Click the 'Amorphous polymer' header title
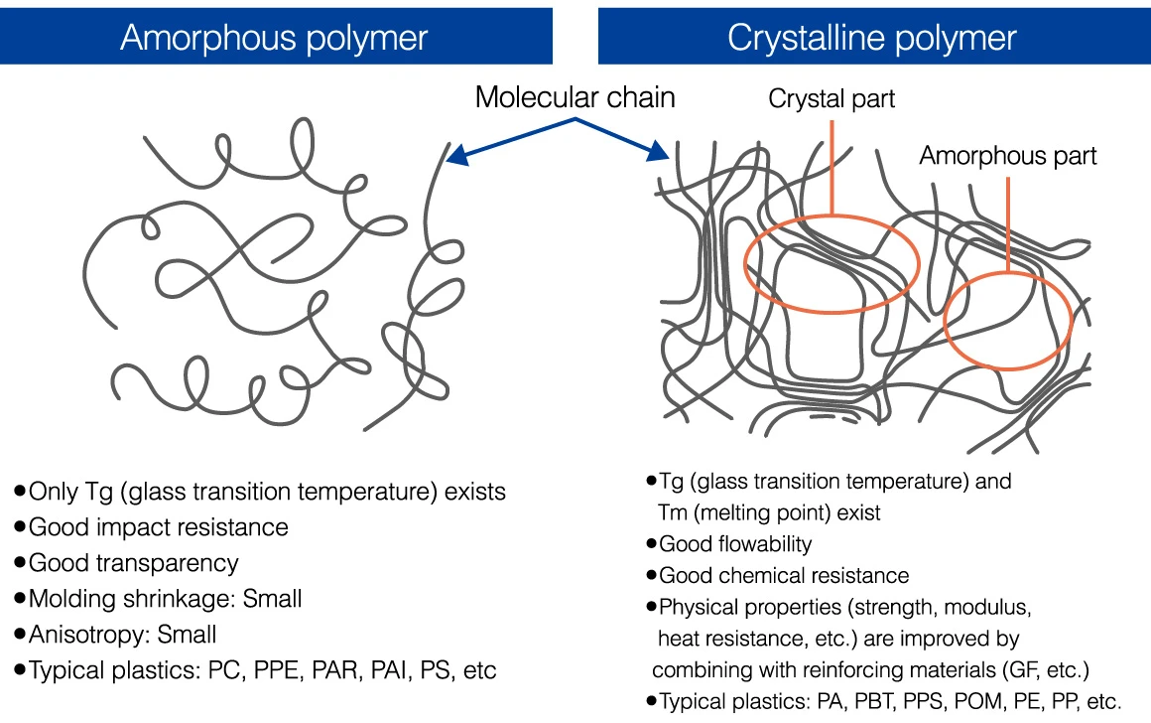click(274, 38)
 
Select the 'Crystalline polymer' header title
click(872, 38)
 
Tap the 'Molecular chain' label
click(575, 97)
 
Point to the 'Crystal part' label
click(831, 98)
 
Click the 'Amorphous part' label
click(1008, 156)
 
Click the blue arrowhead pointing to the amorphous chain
click(456, 154)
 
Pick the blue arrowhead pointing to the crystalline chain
click(658, 151)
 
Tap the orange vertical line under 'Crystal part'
click(831, 168)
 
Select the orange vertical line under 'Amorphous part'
click(1008, 224)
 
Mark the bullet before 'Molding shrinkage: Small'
click(20, 599)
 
